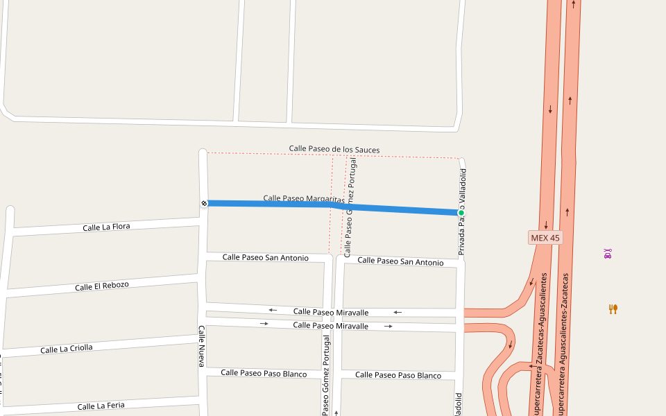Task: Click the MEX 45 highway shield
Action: click(545, 238)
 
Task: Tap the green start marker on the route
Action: click(461, 213)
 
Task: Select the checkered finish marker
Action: click(204, 203)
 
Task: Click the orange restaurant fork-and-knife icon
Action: click(613, 309)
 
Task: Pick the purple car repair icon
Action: click(608, 254)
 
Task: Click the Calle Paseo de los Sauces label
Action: click(334, 149)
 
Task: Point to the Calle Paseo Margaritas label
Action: click(304, 199)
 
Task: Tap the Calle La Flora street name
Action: click(106, 227)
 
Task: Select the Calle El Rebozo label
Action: click(102, 286)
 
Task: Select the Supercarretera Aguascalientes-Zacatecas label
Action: click(565, 344)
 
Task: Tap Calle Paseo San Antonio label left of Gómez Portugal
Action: click(265, 257)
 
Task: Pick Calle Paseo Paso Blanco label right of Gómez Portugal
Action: click(398, 375)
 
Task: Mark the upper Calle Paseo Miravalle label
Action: click(331, 312)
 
